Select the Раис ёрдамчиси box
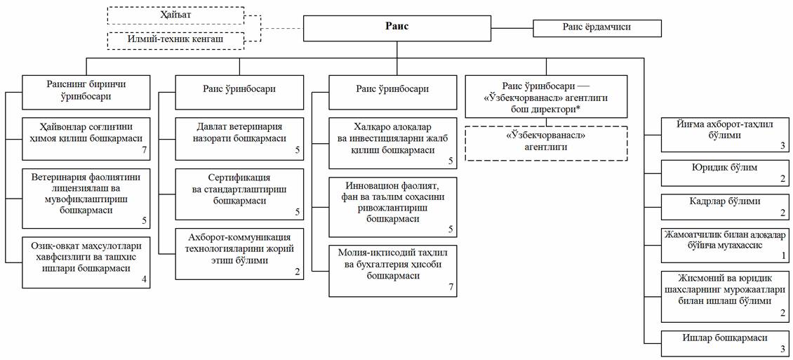(597, 28)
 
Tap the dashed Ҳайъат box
(175, 16)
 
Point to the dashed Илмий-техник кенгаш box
(175, 40)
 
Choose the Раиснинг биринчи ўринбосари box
(86, 92)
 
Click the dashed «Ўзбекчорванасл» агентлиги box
(546, 143)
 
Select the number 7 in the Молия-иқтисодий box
(451, 288)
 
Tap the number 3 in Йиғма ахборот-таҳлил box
(783, 146)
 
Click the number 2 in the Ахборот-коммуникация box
(298, 272)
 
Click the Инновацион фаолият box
(393, 207)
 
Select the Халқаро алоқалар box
(393, 143)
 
